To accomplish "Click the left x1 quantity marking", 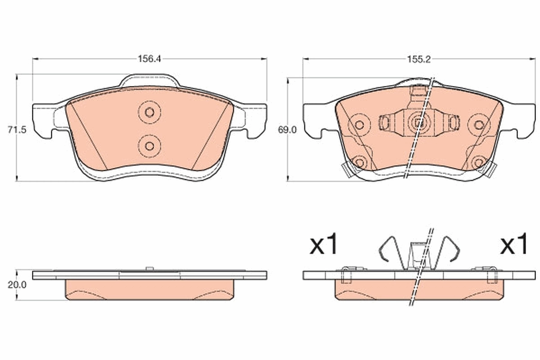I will click(x=324, y=245).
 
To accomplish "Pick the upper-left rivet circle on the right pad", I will click(x=359, y=125).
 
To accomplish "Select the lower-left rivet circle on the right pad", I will click(x=359, y=162).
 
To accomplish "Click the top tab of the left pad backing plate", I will click(x=149, y=80).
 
